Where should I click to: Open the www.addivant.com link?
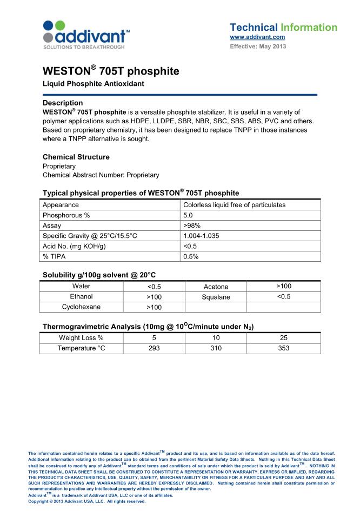click(x=257, y=37)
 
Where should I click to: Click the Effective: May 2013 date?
click(x=258, y=47)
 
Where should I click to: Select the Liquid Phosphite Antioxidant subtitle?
click(x=93, y=84)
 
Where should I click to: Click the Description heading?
click(x=63, y=103)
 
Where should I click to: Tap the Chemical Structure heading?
click(x=76, y=157)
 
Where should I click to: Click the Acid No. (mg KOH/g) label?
click(x=74, y=246)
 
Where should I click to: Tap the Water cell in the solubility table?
click(x=81, y=287)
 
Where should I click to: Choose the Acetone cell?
click(x=216, y=287)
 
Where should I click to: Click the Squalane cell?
click(x=216, y=297)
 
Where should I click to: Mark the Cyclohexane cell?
click(x=81, y=307)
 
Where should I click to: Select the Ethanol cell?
click(x=81, y=297)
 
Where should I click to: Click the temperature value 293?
click(x=154, y=348)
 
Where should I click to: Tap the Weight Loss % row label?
click(x=81, y=338)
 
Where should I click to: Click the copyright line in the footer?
click(x=87, y=501)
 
